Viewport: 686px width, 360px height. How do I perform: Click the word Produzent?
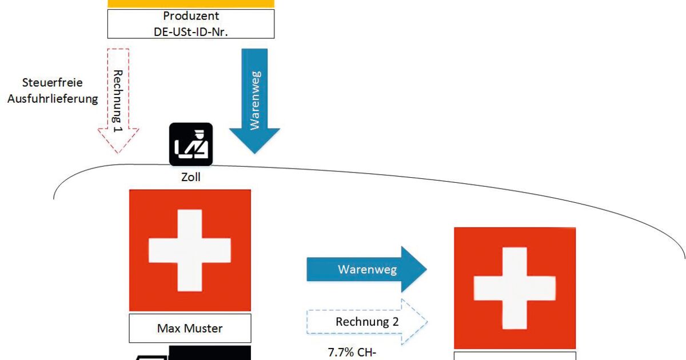[x=190, y=16]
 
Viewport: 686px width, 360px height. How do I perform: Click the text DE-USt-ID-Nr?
[x=190, y=30]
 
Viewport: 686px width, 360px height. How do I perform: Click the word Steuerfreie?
[x=52, y=83]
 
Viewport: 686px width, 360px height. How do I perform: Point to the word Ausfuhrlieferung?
[x=52, y=99]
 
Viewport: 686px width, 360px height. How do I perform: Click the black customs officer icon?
[x=190, y=145]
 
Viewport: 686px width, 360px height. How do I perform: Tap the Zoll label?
[x=190, y=178]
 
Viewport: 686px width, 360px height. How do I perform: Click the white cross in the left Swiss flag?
[x=190, y=250]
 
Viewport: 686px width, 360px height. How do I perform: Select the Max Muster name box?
[x=190, y=329]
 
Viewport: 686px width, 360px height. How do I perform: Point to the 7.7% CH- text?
[x=352, y=352]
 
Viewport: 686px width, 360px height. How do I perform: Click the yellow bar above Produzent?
[x=190, y=3]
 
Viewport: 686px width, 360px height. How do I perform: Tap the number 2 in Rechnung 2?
[x=394, y=322]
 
